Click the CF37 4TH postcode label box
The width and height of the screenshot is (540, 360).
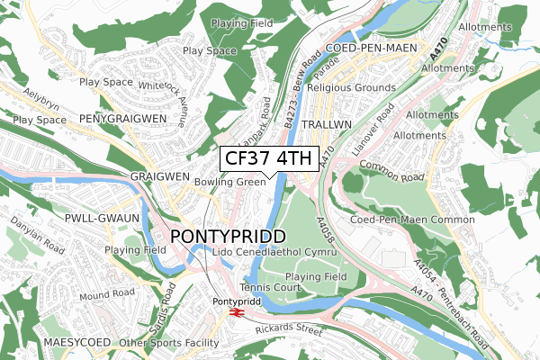point(268,159)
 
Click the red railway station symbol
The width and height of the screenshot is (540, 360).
point(237,312)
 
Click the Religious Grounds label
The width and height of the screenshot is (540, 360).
point(351,88)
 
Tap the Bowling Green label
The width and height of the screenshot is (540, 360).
point(229,182)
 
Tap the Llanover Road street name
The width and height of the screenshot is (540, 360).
point(374,130)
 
